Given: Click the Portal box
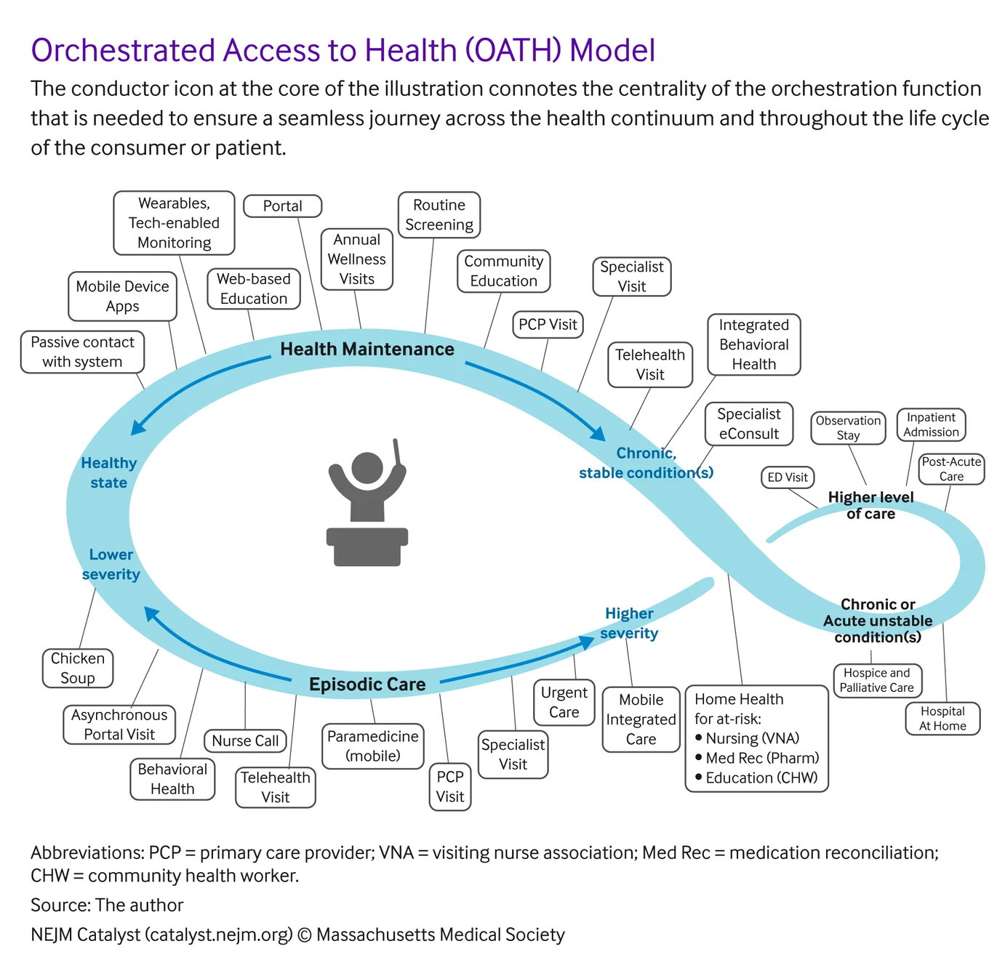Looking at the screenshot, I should pyautogui.click(x=282, y=206).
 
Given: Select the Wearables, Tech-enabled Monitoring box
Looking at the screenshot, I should pyautogui.click(x=175, y=223).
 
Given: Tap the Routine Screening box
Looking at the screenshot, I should pyautogui.click(x=439, y=215).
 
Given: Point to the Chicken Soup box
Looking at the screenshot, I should pyautogui.click(x=78, y=669).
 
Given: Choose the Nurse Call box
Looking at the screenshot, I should pyautogui.click(x=245, y=741).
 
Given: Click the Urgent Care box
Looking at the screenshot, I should pyautogui.click(x=564, y=703).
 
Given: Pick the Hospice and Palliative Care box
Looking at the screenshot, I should pyautogui.click(x=877, y=681).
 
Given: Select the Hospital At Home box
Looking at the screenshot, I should pyautogui.click(x=942, y=719).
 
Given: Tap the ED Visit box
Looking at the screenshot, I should pyautogui.click(x=788, y=477).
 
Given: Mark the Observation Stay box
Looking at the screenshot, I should pyautogui.click(x=848, y=428).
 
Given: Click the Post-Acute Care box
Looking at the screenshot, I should pyautogui.click(x=951, y=469).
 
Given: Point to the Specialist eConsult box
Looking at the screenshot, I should pyautogui.click(x=749, y=424).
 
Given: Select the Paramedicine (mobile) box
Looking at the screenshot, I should pyautogui.click(x=373, y=746).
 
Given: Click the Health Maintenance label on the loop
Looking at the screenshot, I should pyautogui.click(x=367, y=350).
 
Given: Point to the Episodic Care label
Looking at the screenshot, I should pyautogui.click(x=367, y=685).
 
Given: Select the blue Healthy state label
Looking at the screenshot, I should pyautogui.click(x=109, y=473).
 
